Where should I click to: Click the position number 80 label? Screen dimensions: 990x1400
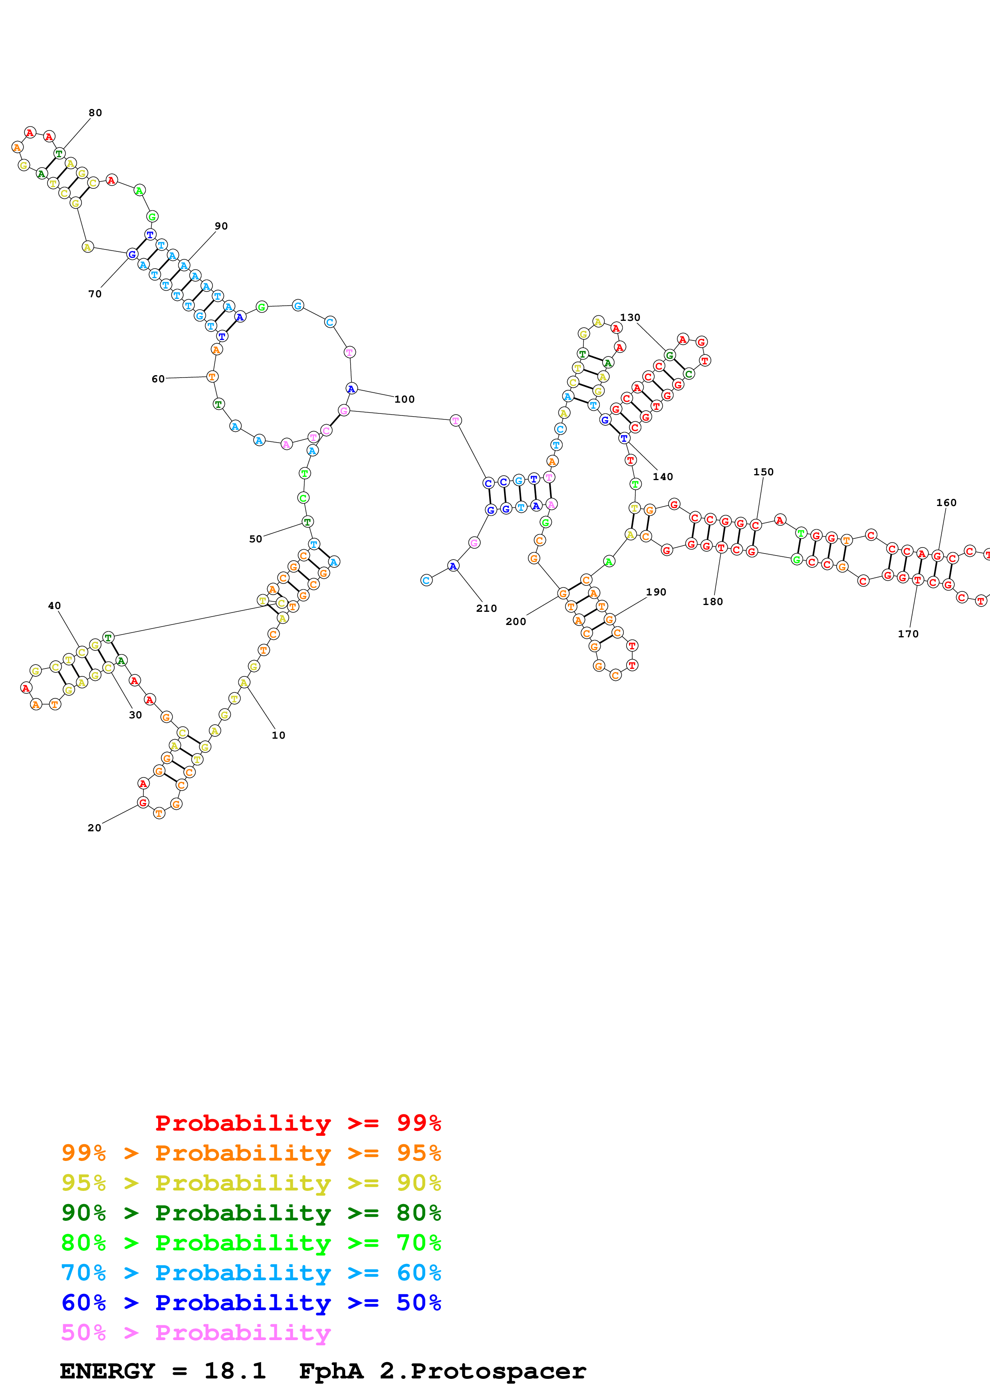[x=95, y=113]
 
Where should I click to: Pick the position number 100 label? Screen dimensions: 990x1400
[x=405, y=399]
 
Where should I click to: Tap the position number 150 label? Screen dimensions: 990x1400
[x=763, y=472]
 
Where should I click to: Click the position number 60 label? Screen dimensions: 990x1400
[x=158, y=379]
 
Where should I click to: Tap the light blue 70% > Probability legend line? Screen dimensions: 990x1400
[x=251, y=1273]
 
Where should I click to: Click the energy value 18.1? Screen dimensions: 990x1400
[x=235, y=1371]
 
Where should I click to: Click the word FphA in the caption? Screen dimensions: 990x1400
[x=331, y=1371]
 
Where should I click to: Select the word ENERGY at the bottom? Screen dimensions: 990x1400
[x=107, y=1371]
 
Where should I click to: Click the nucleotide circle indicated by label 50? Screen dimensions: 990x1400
[x=308, y=522]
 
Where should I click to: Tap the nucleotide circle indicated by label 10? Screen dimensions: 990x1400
[x=244, y=683]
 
